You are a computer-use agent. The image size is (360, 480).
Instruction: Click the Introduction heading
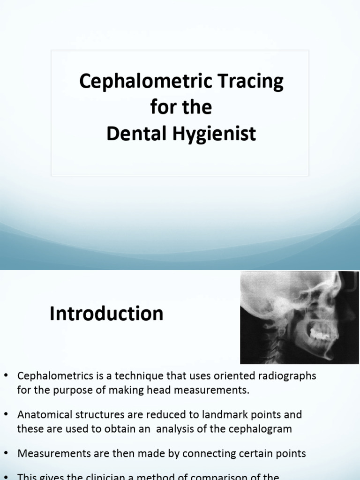[106, 314]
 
